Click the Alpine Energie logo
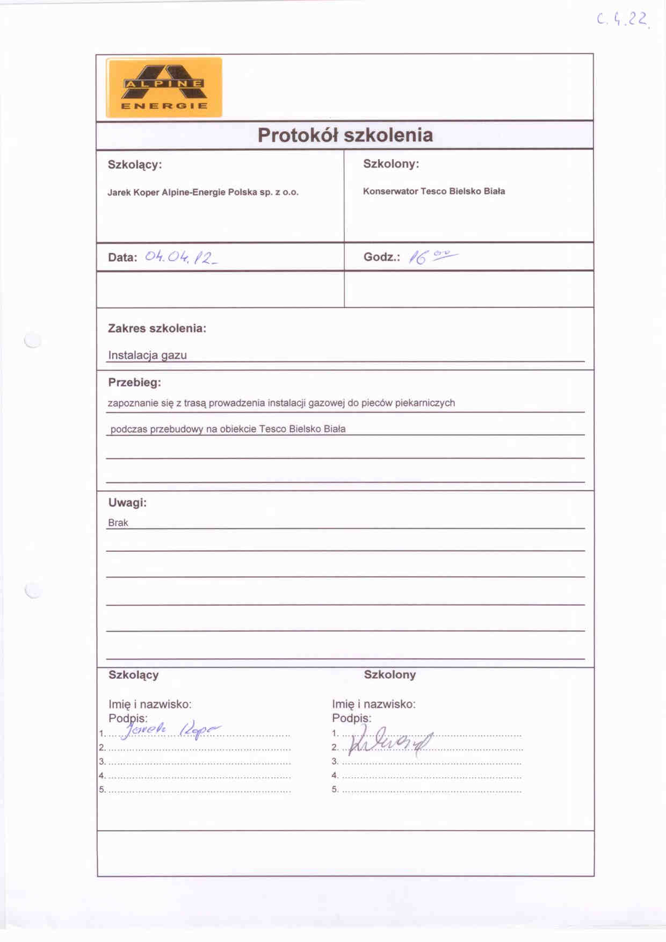164,88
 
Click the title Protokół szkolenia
345,135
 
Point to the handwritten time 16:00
432,257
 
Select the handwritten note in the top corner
622,20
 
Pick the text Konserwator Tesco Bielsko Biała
433,191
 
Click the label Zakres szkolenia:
157,328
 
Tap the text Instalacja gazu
147,355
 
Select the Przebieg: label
134,383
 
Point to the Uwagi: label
127,503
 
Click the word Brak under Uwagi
118,523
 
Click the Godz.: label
381,257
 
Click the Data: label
122,257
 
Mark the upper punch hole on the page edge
33,340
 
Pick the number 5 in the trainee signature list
335,789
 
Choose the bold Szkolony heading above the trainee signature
389,675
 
